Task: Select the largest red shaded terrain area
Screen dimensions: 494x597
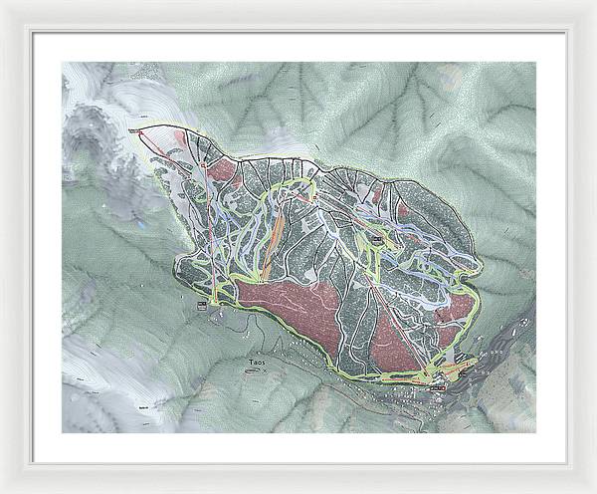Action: pyautogui.click(x=298, y=309)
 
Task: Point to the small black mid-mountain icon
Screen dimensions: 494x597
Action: pyautogui.click(x=379, y=239)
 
